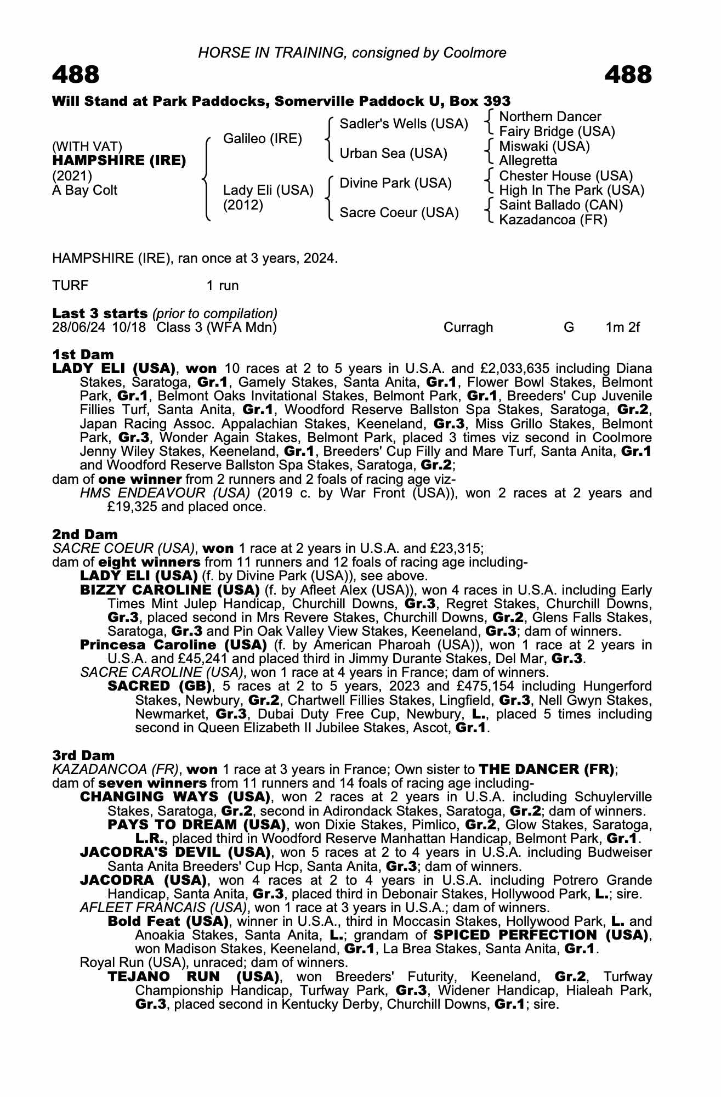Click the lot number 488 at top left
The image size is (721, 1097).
tap(76, 75)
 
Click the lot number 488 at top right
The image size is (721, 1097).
tap(628, 75)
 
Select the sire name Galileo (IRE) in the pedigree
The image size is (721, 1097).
tap(263, 139)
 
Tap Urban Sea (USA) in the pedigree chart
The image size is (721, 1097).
tap(394, 154)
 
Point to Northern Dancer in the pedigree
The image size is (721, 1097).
tap(550, 117)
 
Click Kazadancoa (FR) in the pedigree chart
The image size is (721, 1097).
tap(553, 220)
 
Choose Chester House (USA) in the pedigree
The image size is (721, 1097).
tap(566, 176)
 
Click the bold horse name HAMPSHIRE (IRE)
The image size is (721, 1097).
tap(119, 161)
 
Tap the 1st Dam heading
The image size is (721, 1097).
tap(83, 354)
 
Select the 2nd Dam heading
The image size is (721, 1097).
tap(85, 534)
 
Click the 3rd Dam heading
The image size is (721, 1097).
tap(84, 755)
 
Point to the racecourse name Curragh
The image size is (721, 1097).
tap(468, 327)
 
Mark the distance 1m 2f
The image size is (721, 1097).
tap(622, 327)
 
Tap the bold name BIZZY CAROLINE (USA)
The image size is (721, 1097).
tap(170, 590)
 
